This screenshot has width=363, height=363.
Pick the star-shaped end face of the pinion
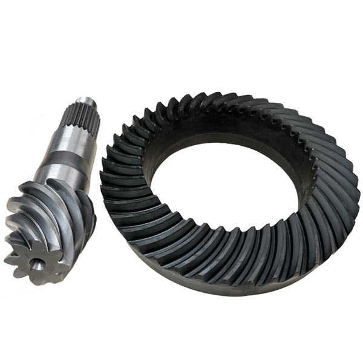pos(38,260)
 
